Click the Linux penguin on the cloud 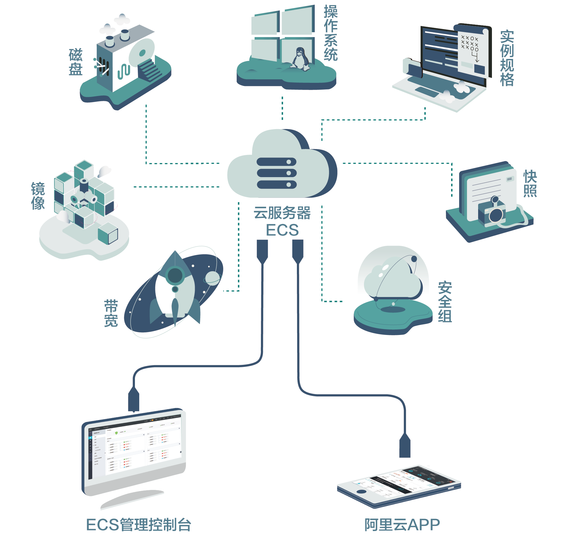click(301, 59)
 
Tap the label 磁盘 click(76, 62)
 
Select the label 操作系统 click(330, 33)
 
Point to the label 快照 click(530, 183)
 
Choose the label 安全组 click(444, 302)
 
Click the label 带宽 click(111, 313)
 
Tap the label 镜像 click(38, 196)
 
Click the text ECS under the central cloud click(282, 230)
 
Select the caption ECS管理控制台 click(138, 525)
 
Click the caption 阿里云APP click(402, 525)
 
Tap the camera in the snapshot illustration click(492, 213)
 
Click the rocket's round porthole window click(175, 275)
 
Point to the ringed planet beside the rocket click(213, 278)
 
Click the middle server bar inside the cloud click(276, 173)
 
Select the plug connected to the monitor click(133, 399)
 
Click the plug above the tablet click(405, 446)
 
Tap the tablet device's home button click(361, 492)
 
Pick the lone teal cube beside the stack click(108, 233)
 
